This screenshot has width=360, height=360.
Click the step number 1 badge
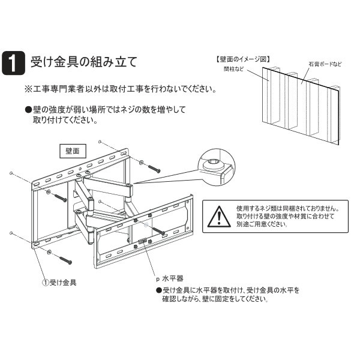point(13,62)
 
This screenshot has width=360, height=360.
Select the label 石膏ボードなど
point(325,64)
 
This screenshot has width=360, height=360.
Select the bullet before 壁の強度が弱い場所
point(28,110)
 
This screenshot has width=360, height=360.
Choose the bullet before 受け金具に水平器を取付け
point(158,290)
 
